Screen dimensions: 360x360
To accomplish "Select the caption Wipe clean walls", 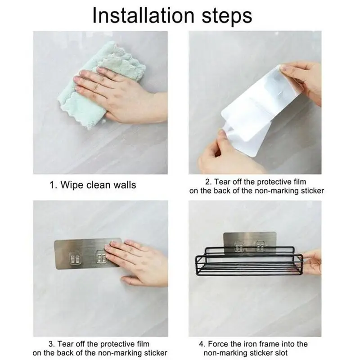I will [x=98, y=185].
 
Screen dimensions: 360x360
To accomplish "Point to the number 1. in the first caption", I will [x=53, y=185].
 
